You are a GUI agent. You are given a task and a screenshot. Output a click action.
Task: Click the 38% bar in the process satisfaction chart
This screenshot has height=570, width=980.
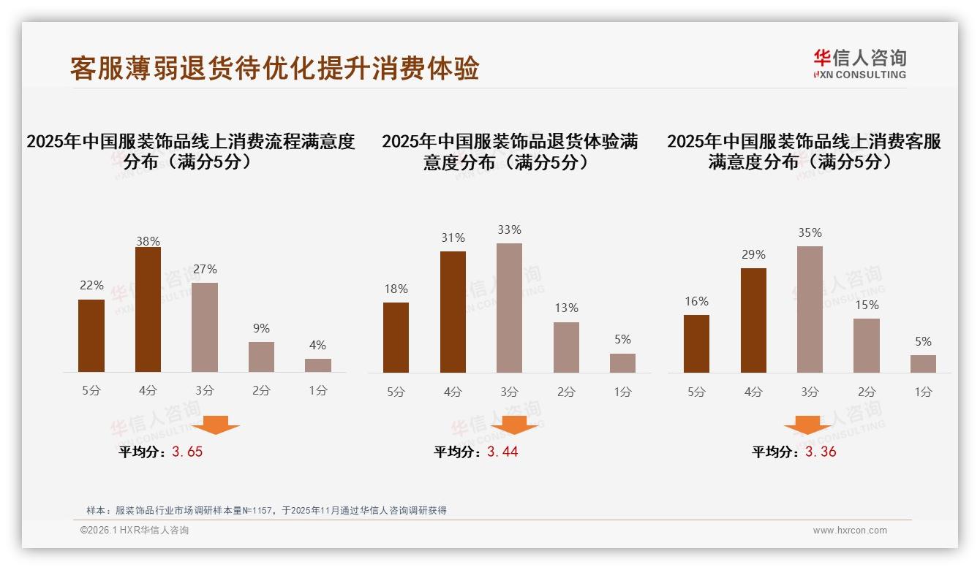click(x=148, y=310)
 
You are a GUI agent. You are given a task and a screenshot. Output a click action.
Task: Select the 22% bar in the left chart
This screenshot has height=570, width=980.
click(x=91, y=335)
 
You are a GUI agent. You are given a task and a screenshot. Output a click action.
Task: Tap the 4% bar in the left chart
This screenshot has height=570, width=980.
click(x=318, y=365)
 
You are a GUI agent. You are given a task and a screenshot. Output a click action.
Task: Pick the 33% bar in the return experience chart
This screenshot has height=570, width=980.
click(x=509, y=308)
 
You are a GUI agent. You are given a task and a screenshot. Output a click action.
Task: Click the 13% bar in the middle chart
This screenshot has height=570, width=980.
click(x=566, y=347)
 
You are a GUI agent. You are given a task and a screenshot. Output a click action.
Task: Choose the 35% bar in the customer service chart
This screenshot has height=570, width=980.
click(x=810, y=309)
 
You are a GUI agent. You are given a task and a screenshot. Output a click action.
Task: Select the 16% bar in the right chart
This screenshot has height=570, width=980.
click(x=696, y=343)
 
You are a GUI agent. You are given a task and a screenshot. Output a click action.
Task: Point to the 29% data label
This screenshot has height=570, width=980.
click(x=753, y=254)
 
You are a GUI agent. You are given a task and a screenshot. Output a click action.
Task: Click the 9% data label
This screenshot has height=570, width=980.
click(x=261, y=328)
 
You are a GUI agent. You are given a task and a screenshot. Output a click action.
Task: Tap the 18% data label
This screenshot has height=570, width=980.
click(x=396, y=289)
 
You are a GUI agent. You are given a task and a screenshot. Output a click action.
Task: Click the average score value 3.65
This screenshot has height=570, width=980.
click(x=187, y=452)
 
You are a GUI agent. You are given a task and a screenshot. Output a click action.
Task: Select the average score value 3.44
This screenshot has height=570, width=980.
click(x=502, y=452)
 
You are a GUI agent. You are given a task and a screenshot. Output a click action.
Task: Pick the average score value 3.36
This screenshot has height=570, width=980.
click(x=821, y=452)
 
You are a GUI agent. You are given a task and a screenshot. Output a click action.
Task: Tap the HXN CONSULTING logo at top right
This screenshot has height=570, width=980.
click(x=859, y=64)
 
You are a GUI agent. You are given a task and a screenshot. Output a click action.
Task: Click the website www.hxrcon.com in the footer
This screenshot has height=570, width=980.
click(x=850, y=531)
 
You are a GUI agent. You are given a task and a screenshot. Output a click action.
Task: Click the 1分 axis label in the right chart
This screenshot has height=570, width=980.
click(x=923, y=392)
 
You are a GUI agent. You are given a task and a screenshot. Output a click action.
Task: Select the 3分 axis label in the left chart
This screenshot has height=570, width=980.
click(x=205, y=390)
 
